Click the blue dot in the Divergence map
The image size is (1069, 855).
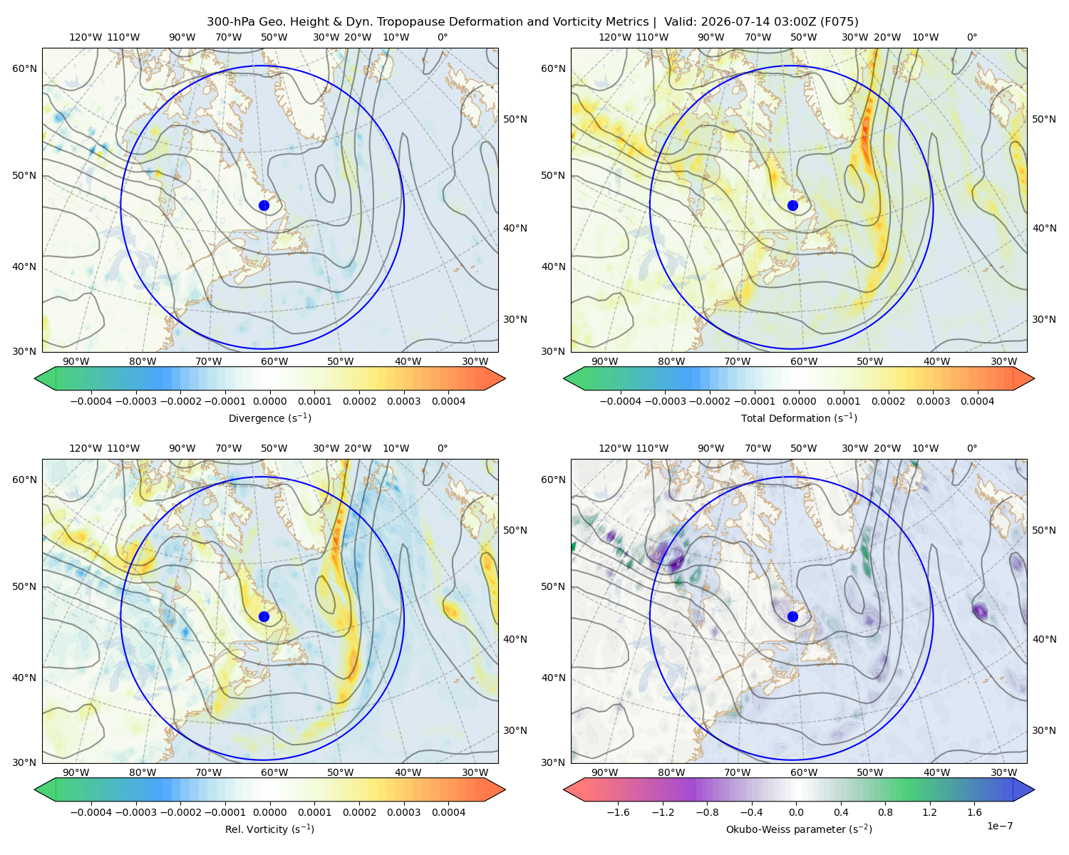click(x=264, y=205)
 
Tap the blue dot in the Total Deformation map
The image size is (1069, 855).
click(x=792, y=205)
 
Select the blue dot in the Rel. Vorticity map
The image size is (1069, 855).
click(x=264, y=616)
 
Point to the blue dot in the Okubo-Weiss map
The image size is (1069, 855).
click(x=792, y=616)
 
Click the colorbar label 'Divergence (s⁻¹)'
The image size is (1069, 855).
click(x=269, y=418)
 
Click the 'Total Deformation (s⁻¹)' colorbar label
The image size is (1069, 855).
click(x=799, y=418)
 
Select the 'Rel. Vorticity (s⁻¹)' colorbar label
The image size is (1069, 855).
click(x=269, y=829)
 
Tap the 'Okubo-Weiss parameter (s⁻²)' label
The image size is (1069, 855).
click(x=799, y=829)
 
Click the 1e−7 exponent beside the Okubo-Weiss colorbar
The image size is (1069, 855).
click(x=999, y=826)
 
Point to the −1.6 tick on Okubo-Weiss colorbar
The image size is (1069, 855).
click(x=618, y=812)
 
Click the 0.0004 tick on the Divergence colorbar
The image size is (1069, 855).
click(x=448, y=401)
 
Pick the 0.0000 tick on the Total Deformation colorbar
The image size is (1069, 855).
click(x=799, y=401)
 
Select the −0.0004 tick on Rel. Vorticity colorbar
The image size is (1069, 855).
click(x=91, y=812)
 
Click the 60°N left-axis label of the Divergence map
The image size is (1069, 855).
click(x=24, y=68)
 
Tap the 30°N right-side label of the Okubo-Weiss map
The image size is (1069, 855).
click(x=1044, y=730)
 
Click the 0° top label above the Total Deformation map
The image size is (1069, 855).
click(x=971, y=37)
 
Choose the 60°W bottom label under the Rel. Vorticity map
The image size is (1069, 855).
click(x=274, y=772)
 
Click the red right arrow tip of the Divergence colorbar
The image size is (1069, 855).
click(x=505, y=378)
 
